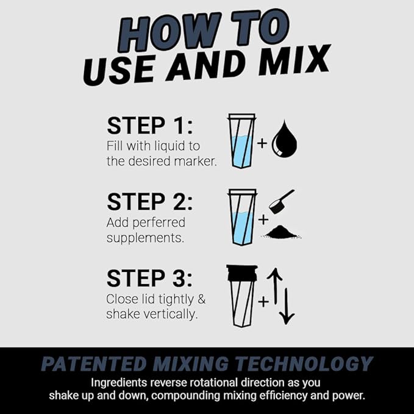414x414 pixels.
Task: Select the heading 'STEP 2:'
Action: (x=150, y=202)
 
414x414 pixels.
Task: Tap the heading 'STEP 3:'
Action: (x=150, y=278)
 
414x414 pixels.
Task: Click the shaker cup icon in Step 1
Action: (x=241, y=141)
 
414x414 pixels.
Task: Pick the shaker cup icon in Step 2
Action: (x=241, y=216)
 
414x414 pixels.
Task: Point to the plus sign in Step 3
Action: (x=263, y=301)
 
